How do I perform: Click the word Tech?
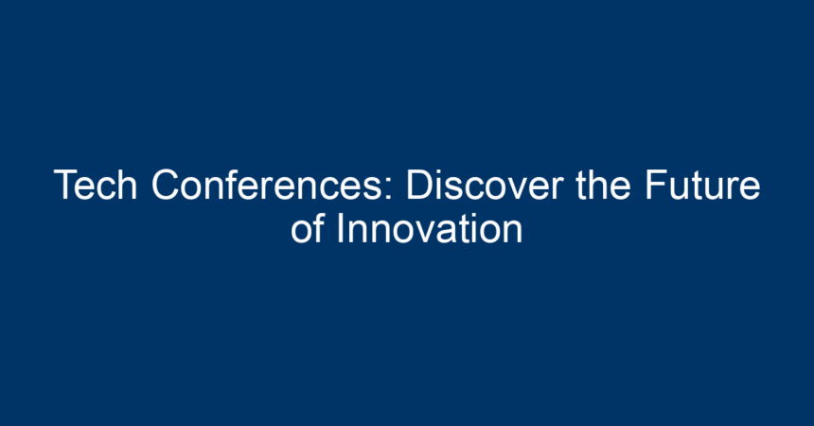tap(96, 185)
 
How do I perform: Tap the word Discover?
tap(485, 185)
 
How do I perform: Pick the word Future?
tap(703, 185)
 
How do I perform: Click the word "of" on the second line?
tap(308, 228)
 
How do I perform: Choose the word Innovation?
tap(430, 228)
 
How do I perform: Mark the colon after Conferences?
tap(389, 188)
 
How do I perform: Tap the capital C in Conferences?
tap(166, 185)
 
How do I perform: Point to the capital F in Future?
tap(657, 185)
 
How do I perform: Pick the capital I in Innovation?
tap(341, 228)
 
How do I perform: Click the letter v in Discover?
tap(516, 188)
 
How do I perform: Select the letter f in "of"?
tap(319, 227)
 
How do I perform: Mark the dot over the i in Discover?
tap(440, 171)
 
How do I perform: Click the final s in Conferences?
tap(373, 188)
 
